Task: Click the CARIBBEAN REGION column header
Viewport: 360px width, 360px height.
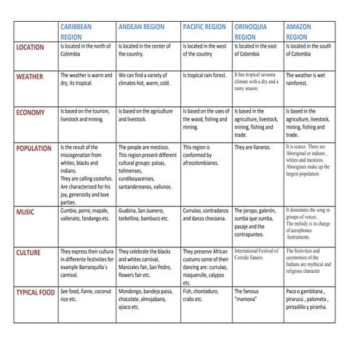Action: coord(76,31)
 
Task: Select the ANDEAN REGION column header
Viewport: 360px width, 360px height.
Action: coord(141,26)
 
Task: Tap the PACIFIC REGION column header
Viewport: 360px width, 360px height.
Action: coord(204,26)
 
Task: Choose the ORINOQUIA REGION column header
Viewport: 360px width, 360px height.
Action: coord(250,31)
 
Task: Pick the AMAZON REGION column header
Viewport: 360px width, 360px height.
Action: coord(298,31)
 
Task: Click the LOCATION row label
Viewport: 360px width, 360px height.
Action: coord(30,47)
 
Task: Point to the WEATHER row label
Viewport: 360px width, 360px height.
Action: coord(29,76)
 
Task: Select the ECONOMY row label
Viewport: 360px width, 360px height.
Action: coord(30,112)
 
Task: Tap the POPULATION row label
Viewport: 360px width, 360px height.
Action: coord(33,148)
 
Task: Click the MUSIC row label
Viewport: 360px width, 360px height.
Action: coord(25,212)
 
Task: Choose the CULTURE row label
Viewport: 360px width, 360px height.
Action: coord(28,252)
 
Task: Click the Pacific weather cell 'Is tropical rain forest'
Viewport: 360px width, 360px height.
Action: coord(204,75)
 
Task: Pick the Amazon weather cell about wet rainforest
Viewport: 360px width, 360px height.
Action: coord(305,79)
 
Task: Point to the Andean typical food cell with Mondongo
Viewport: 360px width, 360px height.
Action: coord(145,299)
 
